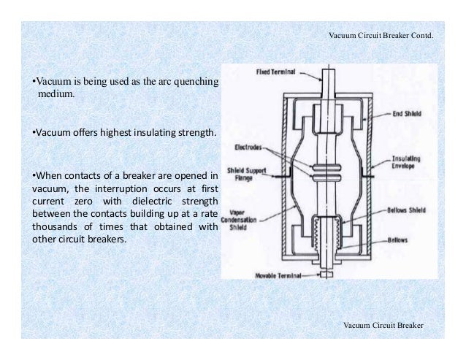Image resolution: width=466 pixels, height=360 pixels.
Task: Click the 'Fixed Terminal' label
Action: click(x=276, y=72)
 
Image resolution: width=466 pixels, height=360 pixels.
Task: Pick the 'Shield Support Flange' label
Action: click(x=245, y=175)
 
